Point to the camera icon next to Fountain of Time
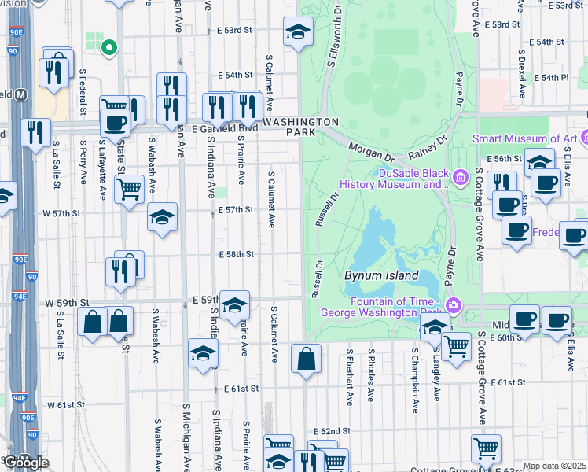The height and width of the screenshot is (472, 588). tap(453, 305)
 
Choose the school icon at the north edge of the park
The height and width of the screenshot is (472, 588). tap(297, 31)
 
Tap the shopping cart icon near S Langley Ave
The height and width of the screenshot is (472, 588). tap(456, 345)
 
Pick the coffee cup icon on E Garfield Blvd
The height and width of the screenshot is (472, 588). tap(115, 122)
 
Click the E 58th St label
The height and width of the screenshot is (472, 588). tap(236, 254)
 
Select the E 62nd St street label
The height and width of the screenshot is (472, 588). tap(330, 432)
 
